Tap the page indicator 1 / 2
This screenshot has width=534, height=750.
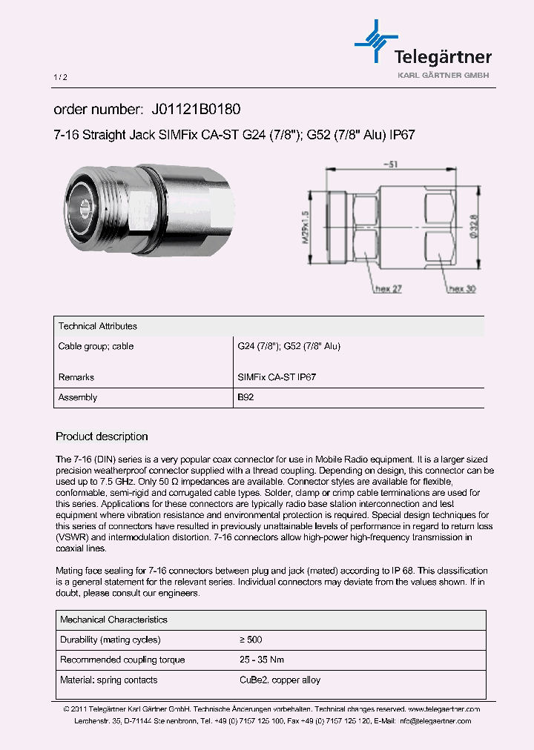pos(61,78)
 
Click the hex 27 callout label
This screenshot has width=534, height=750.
pos(389,289)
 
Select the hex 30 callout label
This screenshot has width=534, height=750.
pos(461,289)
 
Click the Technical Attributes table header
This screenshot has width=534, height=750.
pos(97,326)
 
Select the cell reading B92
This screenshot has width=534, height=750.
pos(245,398)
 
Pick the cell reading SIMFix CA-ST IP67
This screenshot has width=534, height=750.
pos(277,377)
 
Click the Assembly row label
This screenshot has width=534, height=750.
pos(78,398)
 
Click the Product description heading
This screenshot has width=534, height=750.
pos(102,437)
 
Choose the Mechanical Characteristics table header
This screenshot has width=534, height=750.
pos(113,620)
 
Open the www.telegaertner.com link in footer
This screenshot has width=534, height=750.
pos(444,709)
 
